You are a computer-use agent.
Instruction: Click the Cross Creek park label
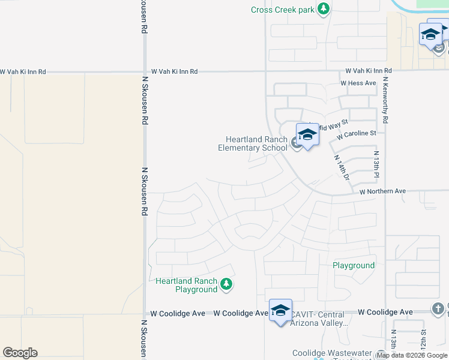pos(282,9)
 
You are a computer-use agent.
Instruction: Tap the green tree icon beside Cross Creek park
pos(324,8)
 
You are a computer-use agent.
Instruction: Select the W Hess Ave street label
pos(358,83)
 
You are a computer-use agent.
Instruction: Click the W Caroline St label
pos(357,134)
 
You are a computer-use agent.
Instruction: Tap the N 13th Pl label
pos(376,163)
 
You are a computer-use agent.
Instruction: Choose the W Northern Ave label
pos(383,191)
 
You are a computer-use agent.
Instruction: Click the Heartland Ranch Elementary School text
pos(253,144)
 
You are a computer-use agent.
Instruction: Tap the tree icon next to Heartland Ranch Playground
pos(226,284)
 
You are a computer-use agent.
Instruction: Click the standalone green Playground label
pos(354,265)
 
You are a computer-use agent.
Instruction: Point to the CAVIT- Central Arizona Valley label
pos(318,319)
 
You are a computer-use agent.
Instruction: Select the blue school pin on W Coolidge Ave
pos(280,310)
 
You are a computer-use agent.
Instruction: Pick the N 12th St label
pos(423,340)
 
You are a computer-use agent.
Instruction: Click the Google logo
pos(20,353)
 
